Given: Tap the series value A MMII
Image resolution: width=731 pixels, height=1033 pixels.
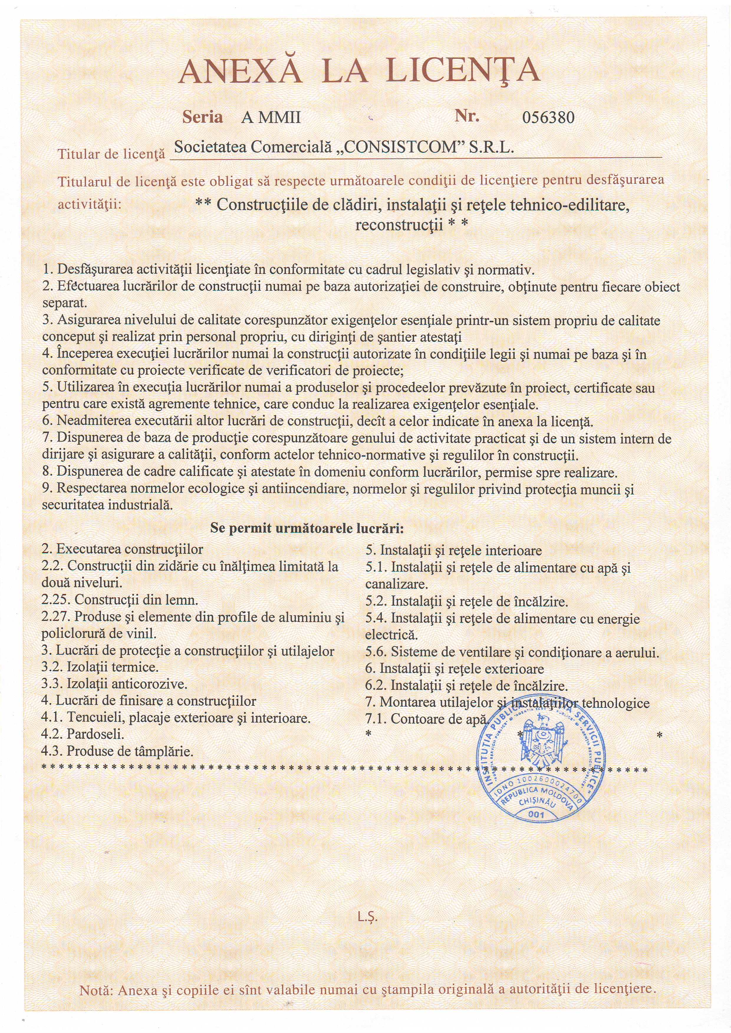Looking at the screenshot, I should point(271,118).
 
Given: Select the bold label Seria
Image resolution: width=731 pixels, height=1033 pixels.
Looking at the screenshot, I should point(202,117).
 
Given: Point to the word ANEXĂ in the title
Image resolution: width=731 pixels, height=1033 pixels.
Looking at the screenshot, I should point(240,71).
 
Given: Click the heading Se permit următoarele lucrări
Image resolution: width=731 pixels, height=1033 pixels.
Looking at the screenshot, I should point(307,528).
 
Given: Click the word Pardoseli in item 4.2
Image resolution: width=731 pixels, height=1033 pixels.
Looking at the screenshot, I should point(96,734).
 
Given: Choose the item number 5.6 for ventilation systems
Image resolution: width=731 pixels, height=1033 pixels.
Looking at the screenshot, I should point(376,652).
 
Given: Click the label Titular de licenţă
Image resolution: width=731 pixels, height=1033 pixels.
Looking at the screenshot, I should point(111,154).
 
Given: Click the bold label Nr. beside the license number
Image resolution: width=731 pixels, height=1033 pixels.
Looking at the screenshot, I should point(466,116).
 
